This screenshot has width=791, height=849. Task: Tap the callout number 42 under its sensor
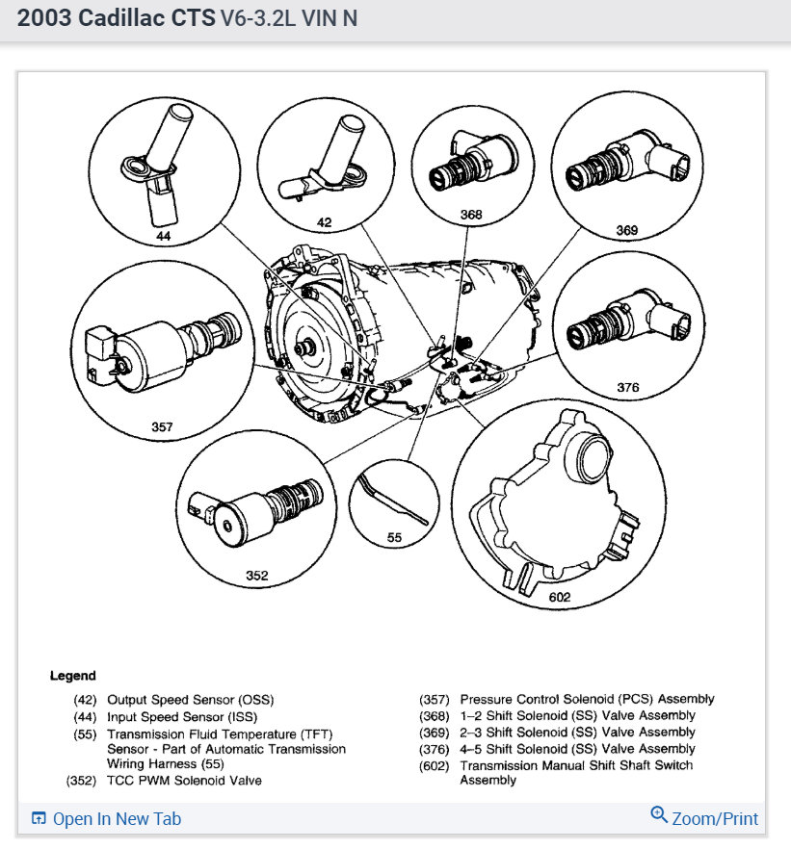[x=324, y=222]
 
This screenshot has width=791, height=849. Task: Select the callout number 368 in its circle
[x=471, y=215]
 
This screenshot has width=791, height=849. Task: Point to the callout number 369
[x=626, y=231]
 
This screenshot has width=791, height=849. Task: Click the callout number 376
[x=627, y=387]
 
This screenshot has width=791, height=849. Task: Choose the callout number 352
[x=256, y=576]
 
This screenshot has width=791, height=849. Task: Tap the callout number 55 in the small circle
[x=394, y=538]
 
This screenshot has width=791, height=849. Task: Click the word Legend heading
[x=73, y=676]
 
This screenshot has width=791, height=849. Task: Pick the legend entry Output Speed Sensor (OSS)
[x=181, y=700]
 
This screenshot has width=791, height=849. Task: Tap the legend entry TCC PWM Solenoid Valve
[x=184, y=780]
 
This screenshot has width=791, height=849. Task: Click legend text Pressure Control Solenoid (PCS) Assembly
[x=587, y=700]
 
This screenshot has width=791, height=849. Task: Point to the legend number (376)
[x=435, y=749]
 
